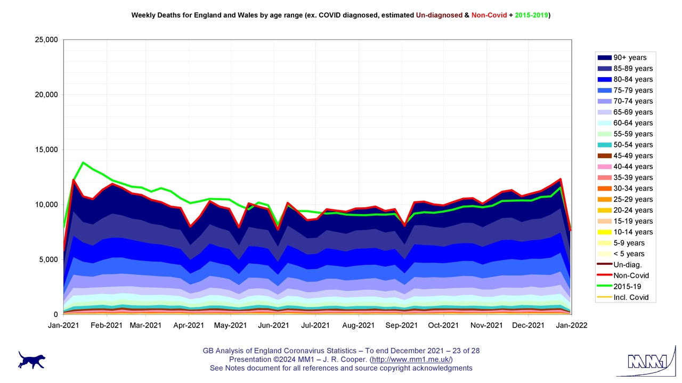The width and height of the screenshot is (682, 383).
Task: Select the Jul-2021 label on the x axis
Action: point(315,325)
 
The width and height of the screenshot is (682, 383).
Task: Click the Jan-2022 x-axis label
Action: point(572,325)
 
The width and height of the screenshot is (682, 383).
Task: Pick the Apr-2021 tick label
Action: point(189,325)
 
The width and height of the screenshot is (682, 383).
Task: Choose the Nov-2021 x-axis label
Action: point(486,325)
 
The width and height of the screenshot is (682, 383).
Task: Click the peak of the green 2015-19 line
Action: point(83,162)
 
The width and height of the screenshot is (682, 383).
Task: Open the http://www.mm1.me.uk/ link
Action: point(411,360)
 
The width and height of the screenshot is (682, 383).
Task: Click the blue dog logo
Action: point(31,360)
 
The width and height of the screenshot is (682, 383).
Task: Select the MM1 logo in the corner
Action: point(647,362)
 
